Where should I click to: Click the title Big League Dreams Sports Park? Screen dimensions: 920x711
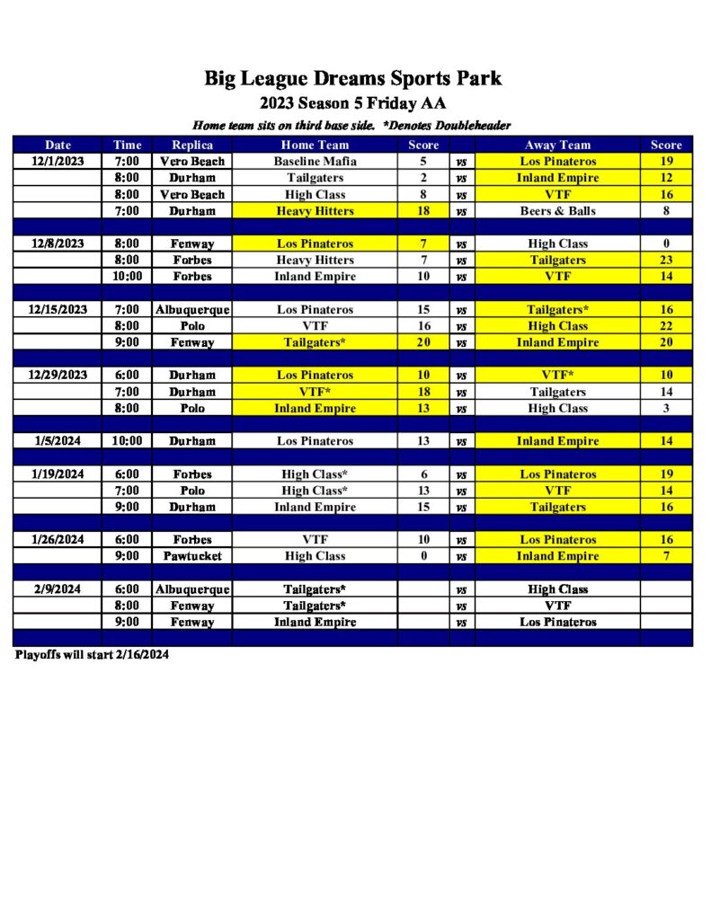(352, 78)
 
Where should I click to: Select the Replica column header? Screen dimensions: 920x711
(192, 145)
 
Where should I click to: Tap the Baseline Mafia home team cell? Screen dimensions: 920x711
(315, 162)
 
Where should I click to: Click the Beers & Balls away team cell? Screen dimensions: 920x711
(557, 211)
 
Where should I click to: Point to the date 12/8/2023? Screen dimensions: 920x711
(58, 243)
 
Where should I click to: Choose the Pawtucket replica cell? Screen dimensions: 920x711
(192, 556)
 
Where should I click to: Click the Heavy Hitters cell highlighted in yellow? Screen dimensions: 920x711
(315, 211)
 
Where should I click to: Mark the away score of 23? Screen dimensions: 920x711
(666, 261)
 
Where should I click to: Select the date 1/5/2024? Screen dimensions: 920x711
(58, 441)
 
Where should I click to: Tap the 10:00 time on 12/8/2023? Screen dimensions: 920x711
(127, 277)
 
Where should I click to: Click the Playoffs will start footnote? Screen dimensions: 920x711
(92, 655)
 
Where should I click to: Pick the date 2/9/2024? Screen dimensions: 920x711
(58, 589)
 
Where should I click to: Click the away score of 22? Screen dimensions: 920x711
(666, 326)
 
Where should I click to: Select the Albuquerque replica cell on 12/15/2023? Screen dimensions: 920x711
(192, 310)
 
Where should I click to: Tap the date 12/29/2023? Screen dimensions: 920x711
(58, 376)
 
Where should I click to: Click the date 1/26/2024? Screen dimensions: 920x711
(58, 540)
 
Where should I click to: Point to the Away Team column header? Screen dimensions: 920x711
(557, 145)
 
